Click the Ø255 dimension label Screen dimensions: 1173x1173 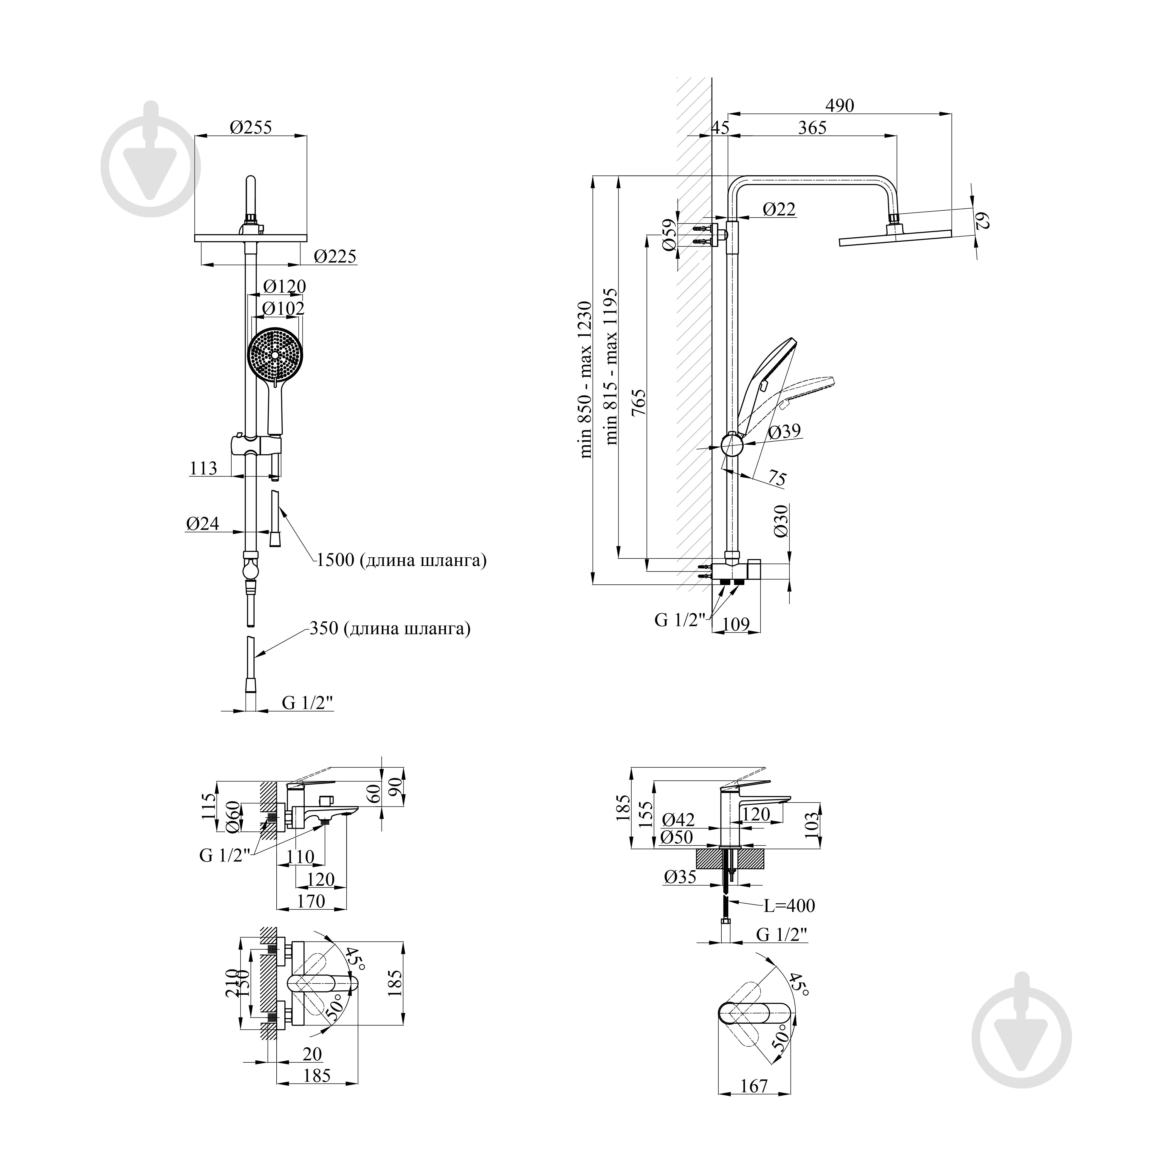coord(251,128)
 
